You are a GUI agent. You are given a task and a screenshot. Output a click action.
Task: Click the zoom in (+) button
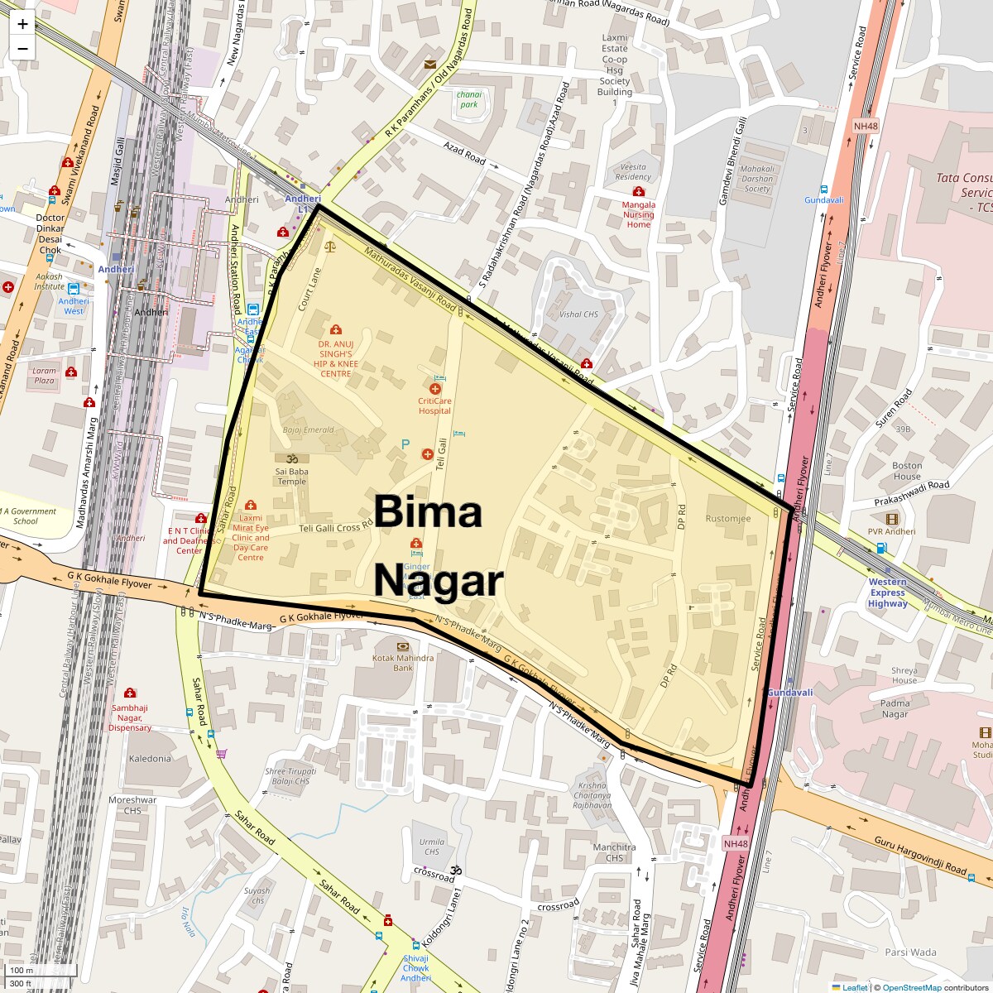tap(22, 23)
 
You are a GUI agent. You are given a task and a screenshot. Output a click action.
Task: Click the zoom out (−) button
tap(22, 48)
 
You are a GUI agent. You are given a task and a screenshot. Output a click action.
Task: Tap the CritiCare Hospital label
tap(434, 405)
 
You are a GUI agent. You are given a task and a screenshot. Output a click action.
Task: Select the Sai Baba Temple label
tap(291, 476)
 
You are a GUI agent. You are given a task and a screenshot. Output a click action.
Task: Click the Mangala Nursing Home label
tap(638, 214)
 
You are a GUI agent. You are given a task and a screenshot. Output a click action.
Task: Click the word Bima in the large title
tap(428, 511)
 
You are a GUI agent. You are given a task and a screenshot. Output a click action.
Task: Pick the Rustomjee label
tap(728, 519)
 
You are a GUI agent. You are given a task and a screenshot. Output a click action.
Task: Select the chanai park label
tap(469, 99)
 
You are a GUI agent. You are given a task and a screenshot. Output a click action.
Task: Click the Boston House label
tap(907, 471)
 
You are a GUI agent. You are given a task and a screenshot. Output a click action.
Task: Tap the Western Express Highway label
tap(887, 592)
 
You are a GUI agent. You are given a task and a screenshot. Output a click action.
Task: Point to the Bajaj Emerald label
tap(308, 430)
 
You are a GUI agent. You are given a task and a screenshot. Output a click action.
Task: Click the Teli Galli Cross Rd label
tap(336, 527)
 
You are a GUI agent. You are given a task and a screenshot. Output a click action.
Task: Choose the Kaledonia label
tap(150, 758)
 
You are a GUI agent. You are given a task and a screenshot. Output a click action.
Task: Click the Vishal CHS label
tap(578, 314)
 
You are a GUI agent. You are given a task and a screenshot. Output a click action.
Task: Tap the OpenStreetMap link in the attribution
tap(911, 987)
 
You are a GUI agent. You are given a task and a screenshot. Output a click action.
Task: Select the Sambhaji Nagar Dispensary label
tap(131, 717)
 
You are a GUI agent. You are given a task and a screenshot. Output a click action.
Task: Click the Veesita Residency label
tap(634, 171)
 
